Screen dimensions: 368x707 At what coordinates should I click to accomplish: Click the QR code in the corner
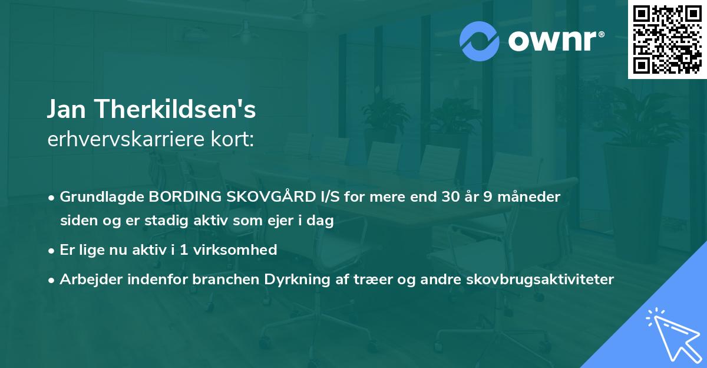[x=667, y=40]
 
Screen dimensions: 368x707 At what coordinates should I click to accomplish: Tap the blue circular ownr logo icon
[x=480, y=41]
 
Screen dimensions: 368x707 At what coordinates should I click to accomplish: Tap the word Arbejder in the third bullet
[x=87, y=279]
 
